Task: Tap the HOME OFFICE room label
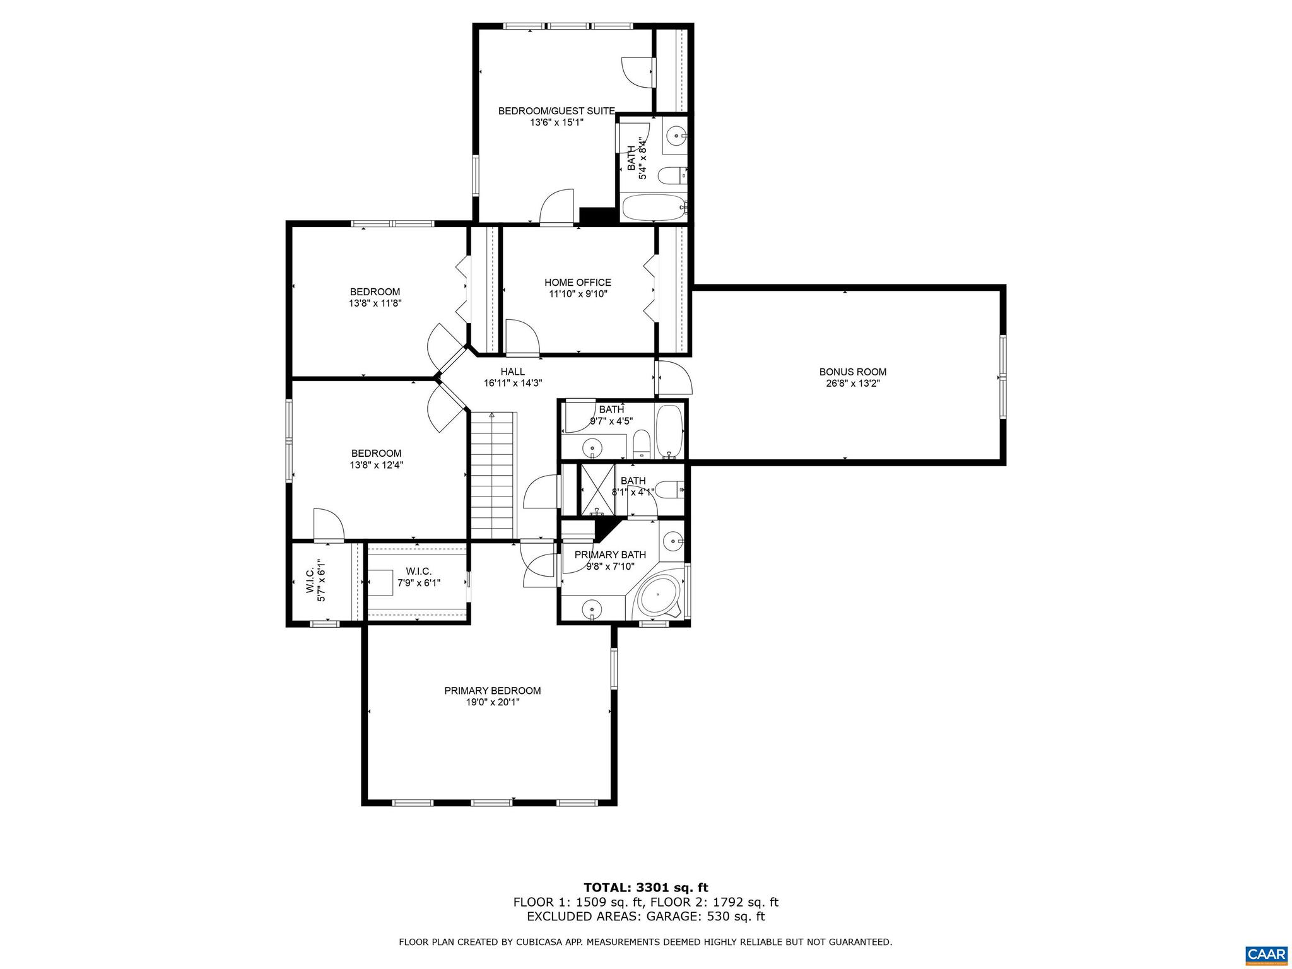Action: coord(577,283)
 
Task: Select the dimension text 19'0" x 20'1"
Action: coord(492,702)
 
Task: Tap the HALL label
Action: coord(512,372)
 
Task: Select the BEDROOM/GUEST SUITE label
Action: coord(556,111)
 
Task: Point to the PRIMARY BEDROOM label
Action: coord(492,691)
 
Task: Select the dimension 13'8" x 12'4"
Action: coord(376,465)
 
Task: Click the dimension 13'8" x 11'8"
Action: coord(375,303)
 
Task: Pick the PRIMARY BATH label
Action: coord(610,555)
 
